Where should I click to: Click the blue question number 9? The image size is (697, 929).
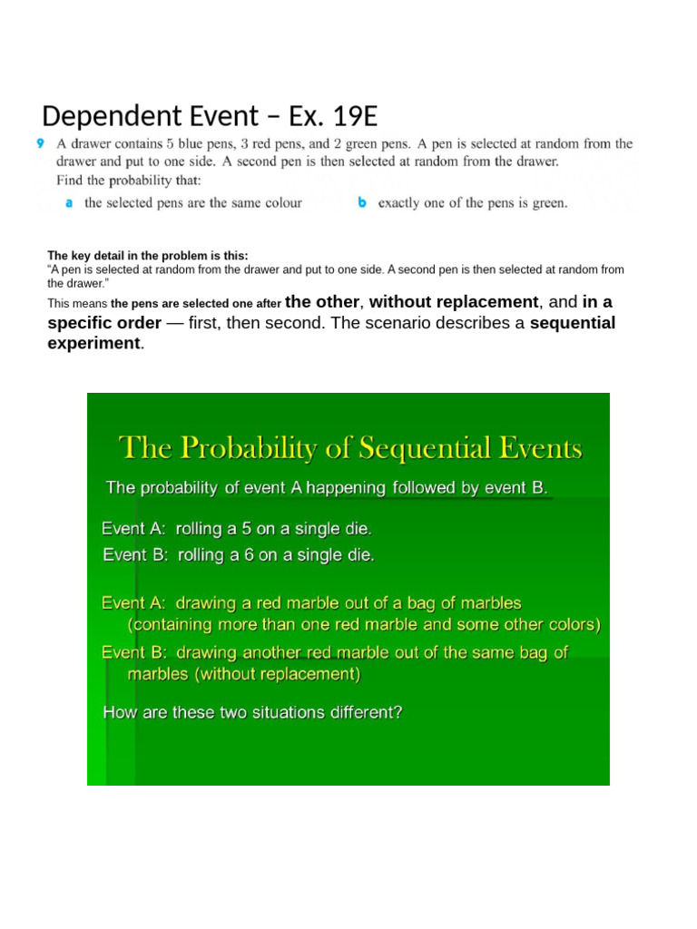(40, 143)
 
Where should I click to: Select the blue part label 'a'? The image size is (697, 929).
(69, 203)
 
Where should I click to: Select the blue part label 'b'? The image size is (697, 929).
(362, 203)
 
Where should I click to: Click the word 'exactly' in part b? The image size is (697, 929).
(400, 203)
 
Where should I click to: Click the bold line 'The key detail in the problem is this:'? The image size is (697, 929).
(147, 256)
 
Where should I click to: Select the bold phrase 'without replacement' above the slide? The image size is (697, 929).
(454, 302)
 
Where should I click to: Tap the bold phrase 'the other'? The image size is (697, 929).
(324, 302)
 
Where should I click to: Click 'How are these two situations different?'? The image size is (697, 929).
(252, 712)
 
